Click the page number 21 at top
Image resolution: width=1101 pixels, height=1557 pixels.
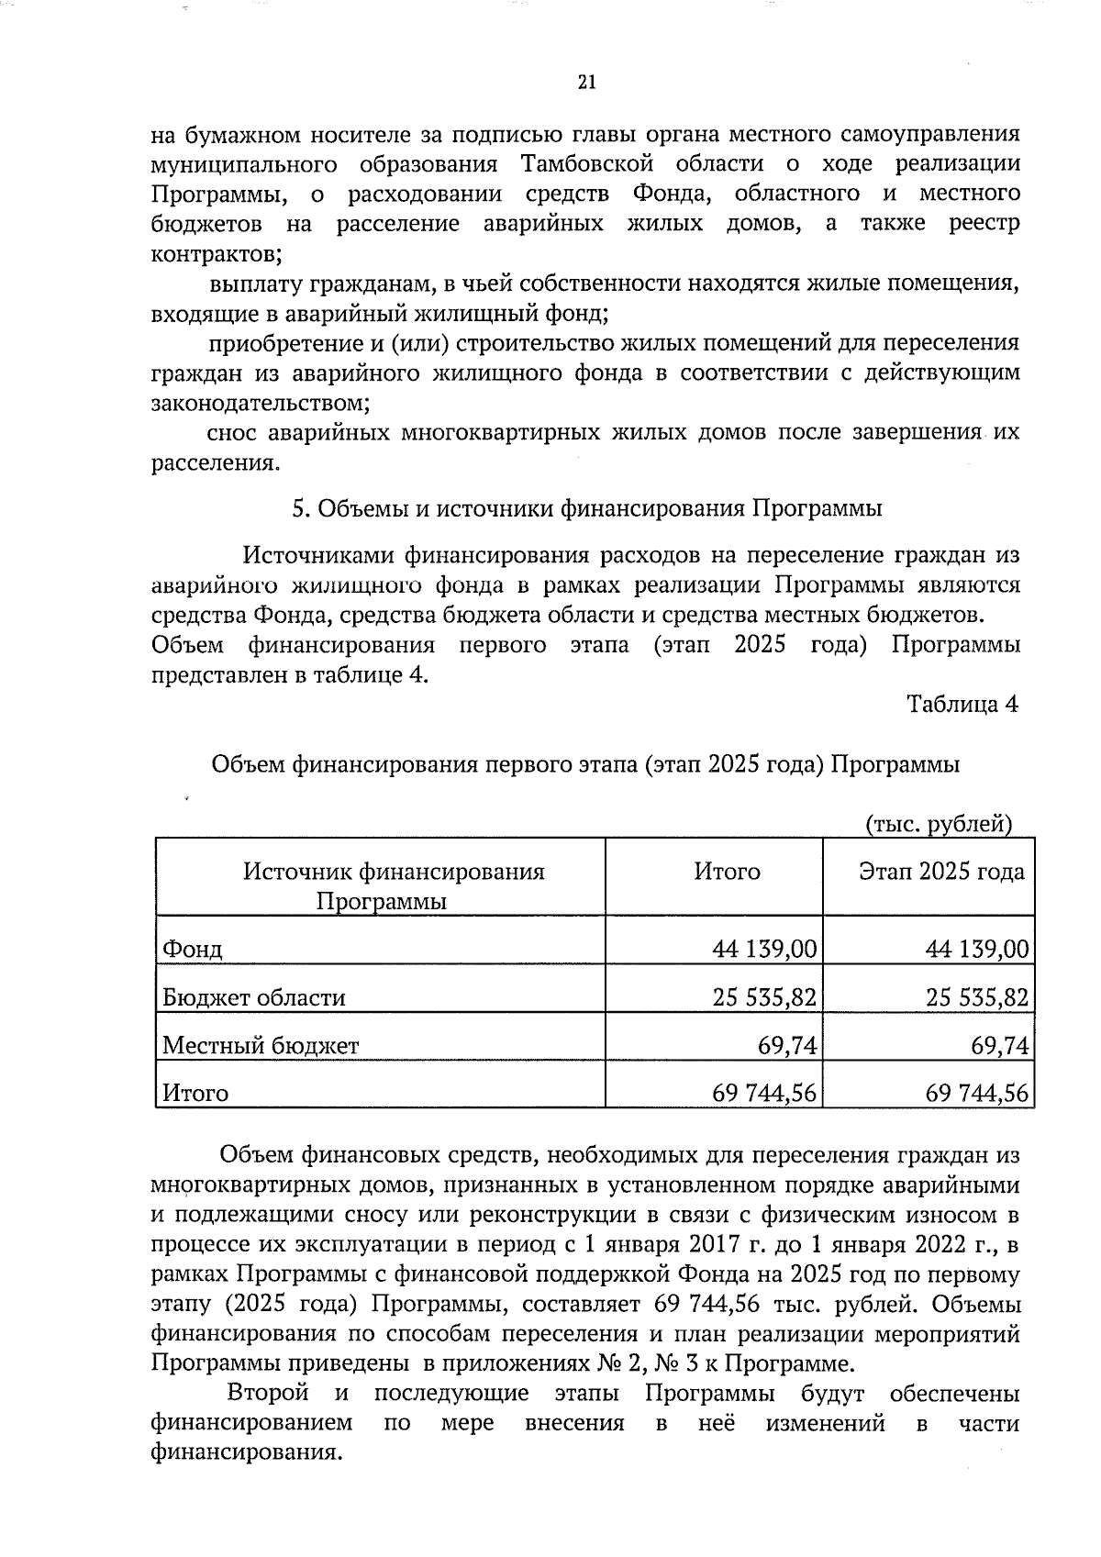pyautogui.click(x=587, y=83)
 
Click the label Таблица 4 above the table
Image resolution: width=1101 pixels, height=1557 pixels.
pyautogui.click(x=962, y=704)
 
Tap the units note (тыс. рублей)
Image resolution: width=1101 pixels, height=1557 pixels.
pyautogui.click(x=939, y=824)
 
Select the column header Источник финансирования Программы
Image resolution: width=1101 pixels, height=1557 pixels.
pyautogui.click(x=394, y=884)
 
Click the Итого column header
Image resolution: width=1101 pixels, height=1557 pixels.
pyautogui.click(x=727, y=871)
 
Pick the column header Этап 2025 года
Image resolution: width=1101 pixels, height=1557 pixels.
pyautogui.click(x=940, y=871)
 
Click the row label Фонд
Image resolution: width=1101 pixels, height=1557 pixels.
pyautogui.click(x=192, y=949)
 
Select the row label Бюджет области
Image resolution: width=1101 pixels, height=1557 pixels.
pyautogui.click(x=253, y=997)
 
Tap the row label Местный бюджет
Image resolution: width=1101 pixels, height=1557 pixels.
pyautogui.click(x=261, y=1045)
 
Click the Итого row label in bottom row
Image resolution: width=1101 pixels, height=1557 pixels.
pyautogui.click(x=195, y=1093)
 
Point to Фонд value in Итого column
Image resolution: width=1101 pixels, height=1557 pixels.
pyautogui.click(x=763, y=949)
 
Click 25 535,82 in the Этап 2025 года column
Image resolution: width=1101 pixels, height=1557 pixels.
pyautogui.click(x=976, y=997)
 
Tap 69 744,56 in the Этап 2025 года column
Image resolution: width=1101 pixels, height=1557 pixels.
pyautogui.click(x=976, y=1093)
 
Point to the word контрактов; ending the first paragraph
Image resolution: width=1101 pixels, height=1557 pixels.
pyautogui.click(x=217, y=252)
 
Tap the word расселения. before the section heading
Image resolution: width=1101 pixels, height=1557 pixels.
pyautogui.click(x=215, y=462)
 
